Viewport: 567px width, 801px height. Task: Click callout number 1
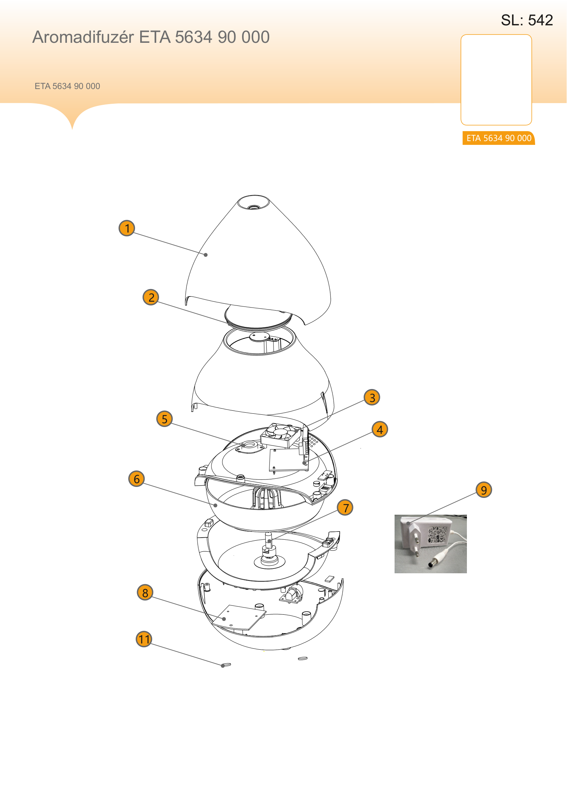pyautogui.click(x=127, y=228)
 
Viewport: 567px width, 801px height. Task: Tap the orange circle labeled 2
pyautogui.click(x=151, y=297)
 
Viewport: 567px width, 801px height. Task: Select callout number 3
pyautogui.click(x=372, y=397)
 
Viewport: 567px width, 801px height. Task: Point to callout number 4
pyautogui.click(x=380, y=429)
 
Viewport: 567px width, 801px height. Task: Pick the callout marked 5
pyautogui.click(x=165, y=418)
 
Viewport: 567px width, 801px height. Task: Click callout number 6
pyautogui.click(x=136, y=479)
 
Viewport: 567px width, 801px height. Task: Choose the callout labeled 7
pyautogui.click(x=345, y=508)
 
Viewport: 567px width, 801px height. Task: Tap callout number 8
pyautogui.click(x=145, y=592)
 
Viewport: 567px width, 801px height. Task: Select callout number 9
pyautogui.click(x=484, y=490)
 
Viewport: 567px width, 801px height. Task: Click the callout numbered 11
pyautogui.click(x=144, y=639)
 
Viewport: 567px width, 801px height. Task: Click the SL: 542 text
pyautogui.click(x=527, y=20)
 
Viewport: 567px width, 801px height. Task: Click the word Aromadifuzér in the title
pyautogui.click(x=83, y=37)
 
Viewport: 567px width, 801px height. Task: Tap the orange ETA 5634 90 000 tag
pyautogui.click(x=498, y=138)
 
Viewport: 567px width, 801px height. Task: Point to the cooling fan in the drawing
pyautogui.click(x=281, y=435)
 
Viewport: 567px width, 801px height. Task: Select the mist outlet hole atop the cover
pyautogui.click(x=254, y=207)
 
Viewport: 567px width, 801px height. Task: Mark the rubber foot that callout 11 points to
pyautogui.click(x=226, y=665)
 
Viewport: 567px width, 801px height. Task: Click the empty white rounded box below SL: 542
pyautogui.click(x=496, y=79)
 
